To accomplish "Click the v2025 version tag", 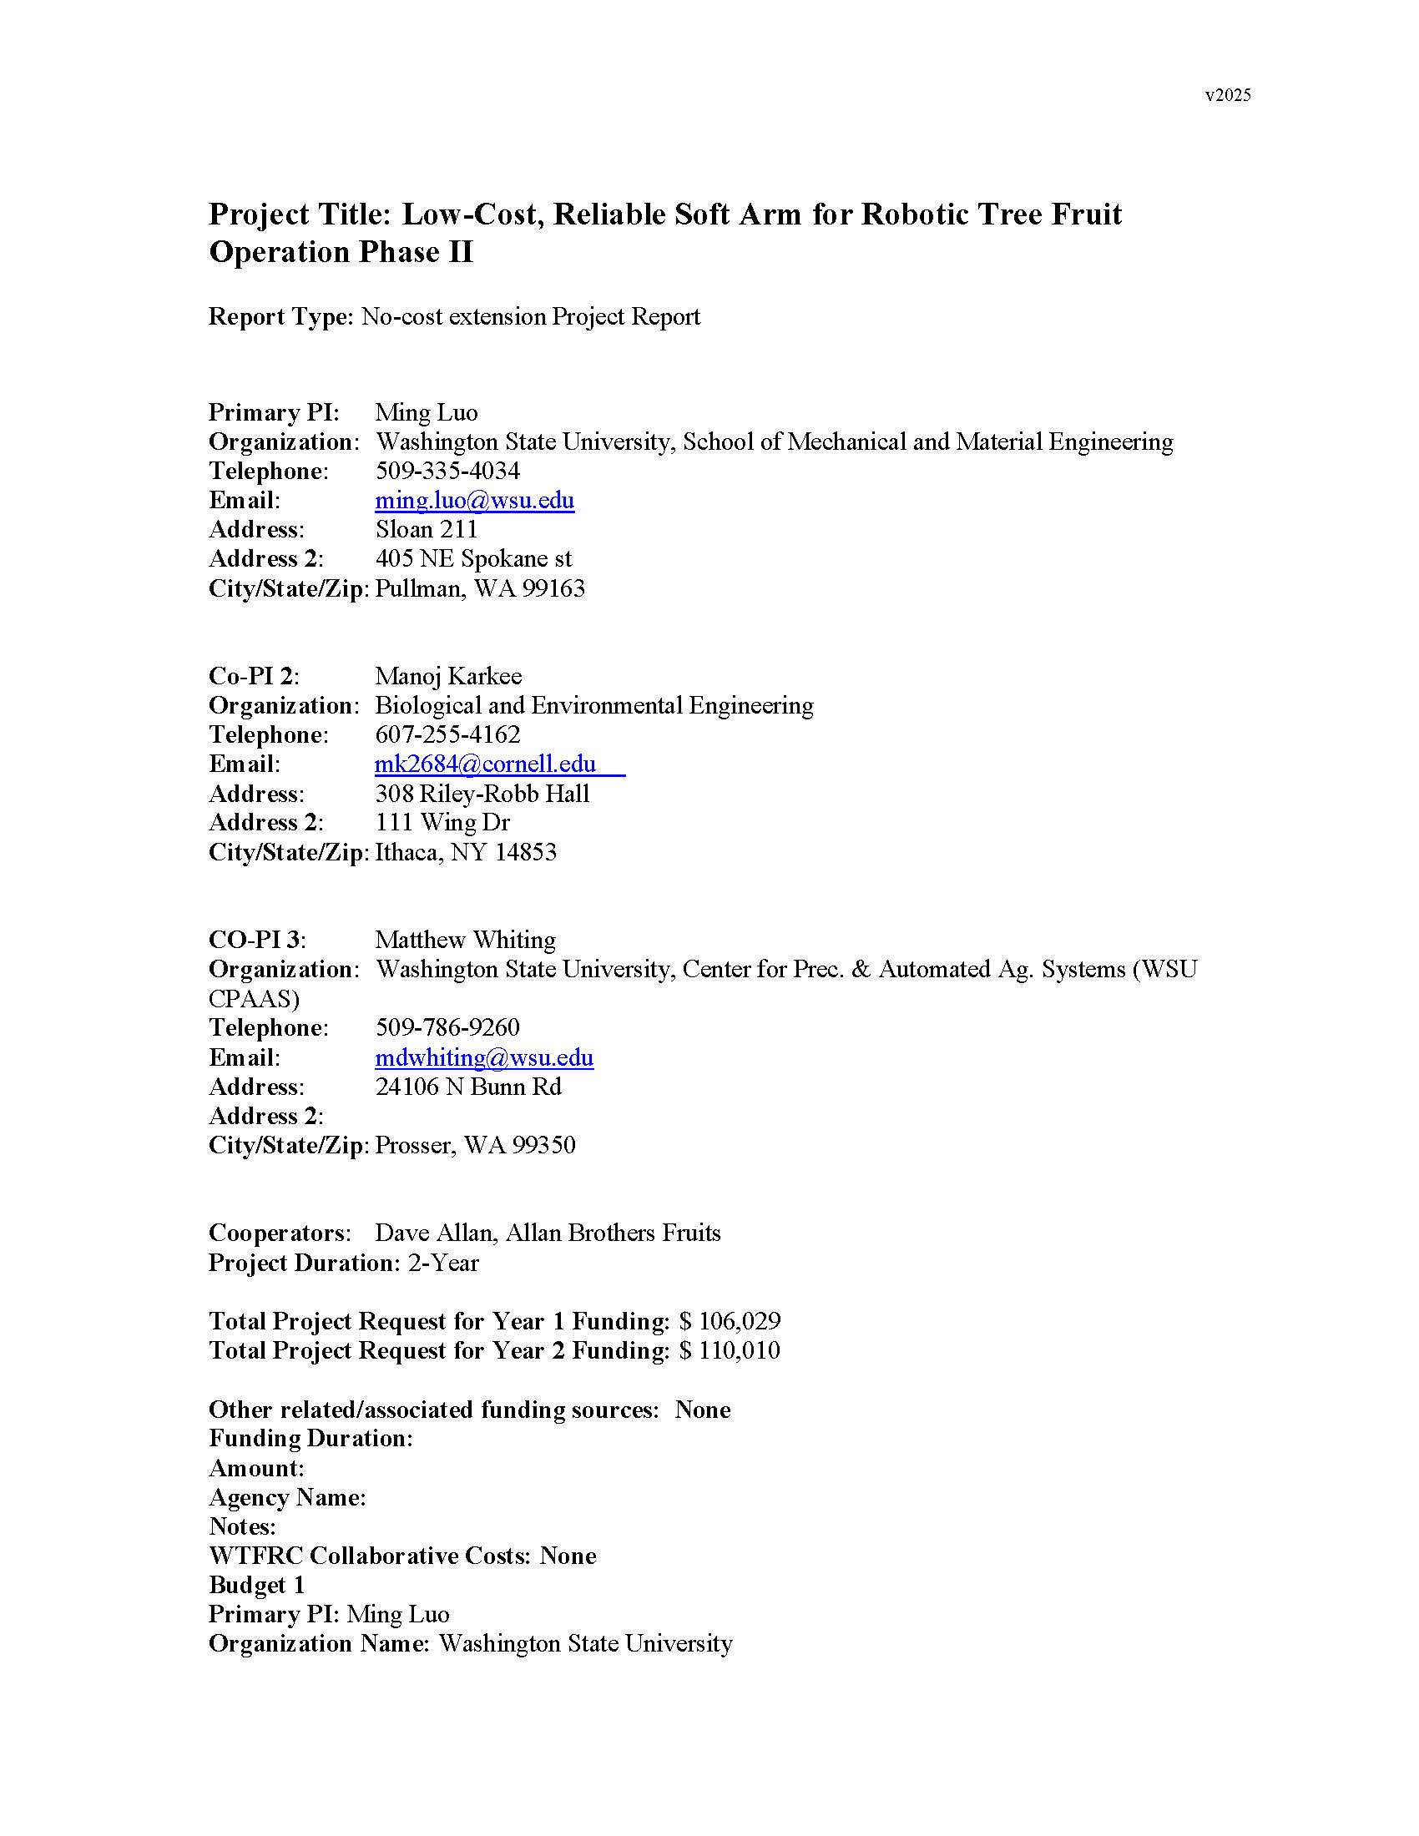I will [1227, 95].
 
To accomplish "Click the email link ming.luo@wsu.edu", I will [474, 500].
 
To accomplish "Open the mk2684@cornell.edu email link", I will [486, 764].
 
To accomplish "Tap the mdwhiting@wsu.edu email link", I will [484, 1057].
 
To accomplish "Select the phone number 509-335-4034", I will [447, 471].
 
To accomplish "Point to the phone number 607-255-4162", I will [447, 734].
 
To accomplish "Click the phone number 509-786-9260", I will [447, 1026].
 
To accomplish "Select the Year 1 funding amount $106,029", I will [730, 1321].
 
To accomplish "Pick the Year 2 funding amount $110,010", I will [730, 1350].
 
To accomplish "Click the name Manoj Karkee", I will [448, 676].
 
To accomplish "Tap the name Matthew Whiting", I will [465, 939].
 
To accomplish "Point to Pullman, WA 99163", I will [480, 588].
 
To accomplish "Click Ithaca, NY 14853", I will [466, 851].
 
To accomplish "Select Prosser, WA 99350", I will [475, 1144].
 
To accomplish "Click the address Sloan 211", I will [427, 529].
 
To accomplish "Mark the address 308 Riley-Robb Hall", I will [482, 793].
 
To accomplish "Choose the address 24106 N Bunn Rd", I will [468, 1086].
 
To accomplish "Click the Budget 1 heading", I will [256, 1585].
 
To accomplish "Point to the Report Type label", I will [280, 317].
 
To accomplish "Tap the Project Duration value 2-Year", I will [443, 1263].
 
